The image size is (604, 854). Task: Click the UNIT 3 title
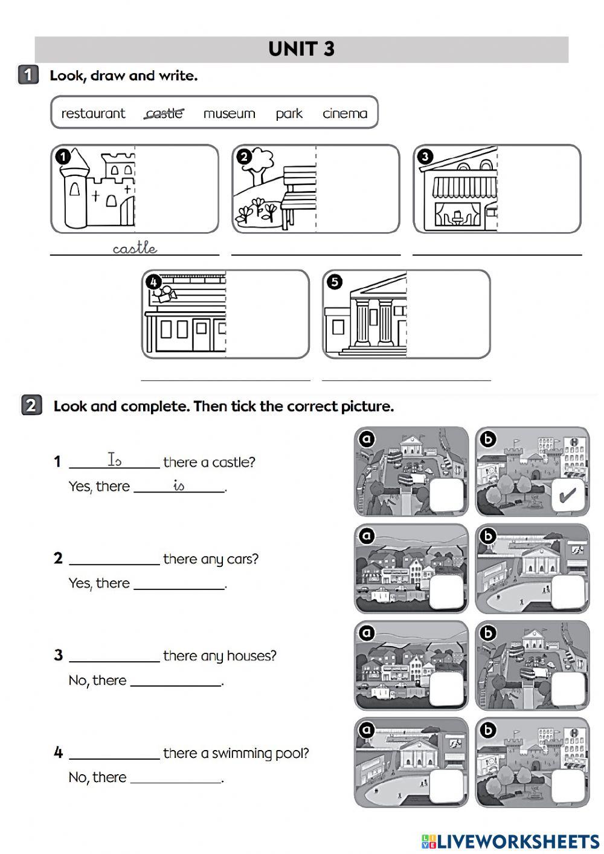click(301, 49)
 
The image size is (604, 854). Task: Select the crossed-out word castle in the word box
click(164, 113)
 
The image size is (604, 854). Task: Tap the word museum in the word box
click(229, 114)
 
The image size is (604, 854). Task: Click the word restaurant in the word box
click(93, 114)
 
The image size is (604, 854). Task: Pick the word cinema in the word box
click(344, 114)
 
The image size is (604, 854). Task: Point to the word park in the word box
click(289, 114)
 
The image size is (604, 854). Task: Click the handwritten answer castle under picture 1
click(135, 248)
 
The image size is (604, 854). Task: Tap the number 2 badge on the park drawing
click(243, 157)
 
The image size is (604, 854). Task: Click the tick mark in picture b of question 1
click(568, 496)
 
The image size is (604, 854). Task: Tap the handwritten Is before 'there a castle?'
click(114, 460)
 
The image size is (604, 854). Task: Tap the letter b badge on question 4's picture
click(487, 730)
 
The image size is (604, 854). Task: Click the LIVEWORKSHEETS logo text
click(518, 841)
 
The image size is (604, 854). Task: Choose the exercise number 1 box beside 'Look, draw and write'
click(28, 76)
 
